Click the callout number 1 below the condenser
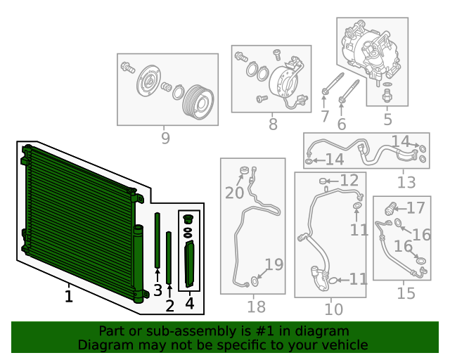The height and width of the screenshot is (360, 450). pos(69,296)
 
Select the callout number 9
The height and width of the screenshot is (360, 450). pos(165,138)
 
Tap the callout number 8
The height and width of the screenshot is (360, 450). pos(273,124)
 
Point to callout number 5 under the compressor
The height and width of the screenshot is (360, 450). pos(387,119)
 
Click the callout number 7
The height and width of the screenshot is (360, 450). pos(325,116)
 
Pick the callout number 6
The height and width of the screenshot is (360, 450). pos(342,124)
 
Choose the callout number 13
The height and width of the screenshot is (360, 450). pos(406,182)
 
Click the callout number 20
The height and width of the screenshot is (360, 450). pos(234,193)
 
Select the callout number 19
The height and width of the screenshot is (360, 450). pos(274,264)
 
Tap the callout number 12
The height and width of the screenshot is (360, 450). pos(349,180)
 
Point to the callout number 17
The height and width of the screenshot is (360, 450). pos(416,208)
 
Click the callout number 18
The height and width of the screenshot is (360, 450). pos(256,307)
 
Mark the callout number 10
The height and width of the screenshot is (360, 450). pos(334,309)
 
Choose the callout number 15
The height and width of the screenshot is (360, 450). pos(406,293)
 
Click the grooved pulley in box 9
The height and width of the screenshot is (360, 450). pos(198,102)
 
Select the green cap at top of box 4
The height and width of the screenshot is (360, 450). pos(188,219)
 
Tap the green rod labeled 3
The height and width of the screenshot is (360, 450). pos(157,240)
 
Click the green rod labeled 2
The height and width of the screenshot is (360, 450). pos(169,257)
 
